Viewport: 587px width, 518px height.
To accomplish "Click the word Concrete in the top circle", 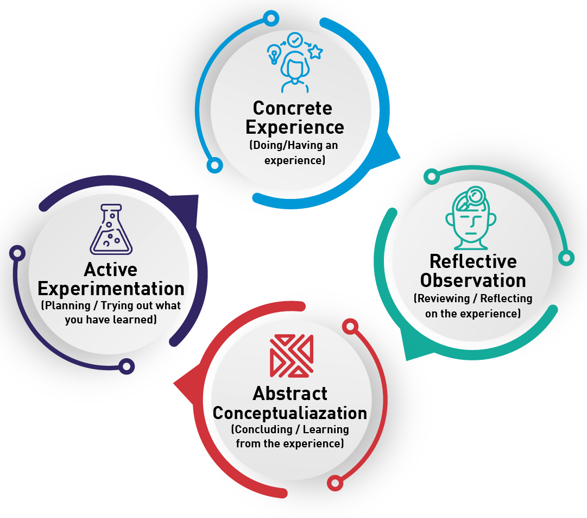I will click(x=292, y=108).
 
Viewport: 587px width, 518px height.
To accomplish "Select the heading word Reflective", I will click(x=473, y=261).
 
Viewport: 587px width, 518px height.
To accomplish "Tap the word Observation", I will click(x=473, y=280).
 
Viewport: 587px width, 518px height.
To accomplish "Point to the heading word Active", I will click(x=111, y=270).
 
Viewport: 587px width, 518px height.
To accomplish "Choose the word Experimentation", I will click(x=111, y=289).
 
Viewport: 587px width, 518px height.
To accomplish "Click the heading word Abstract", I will click(x=290, y=394).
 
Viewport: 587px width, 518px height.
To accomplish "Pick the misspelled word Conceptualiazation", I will click(x=290, y=413).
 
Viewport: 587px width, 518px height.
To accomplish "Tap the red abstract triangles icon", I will click(x=292, y=356).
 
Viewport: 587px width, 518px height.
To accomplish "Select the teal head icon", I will click(x=470, y=220).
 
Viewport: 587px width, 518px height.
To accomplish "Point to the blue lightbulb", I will click(x=274, y=55).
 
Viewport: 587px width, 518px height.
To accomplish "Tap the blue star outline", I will click(x=315, y=52).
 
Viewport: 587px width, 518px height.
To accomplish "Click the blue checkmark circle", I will click(x=295, y=40).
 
